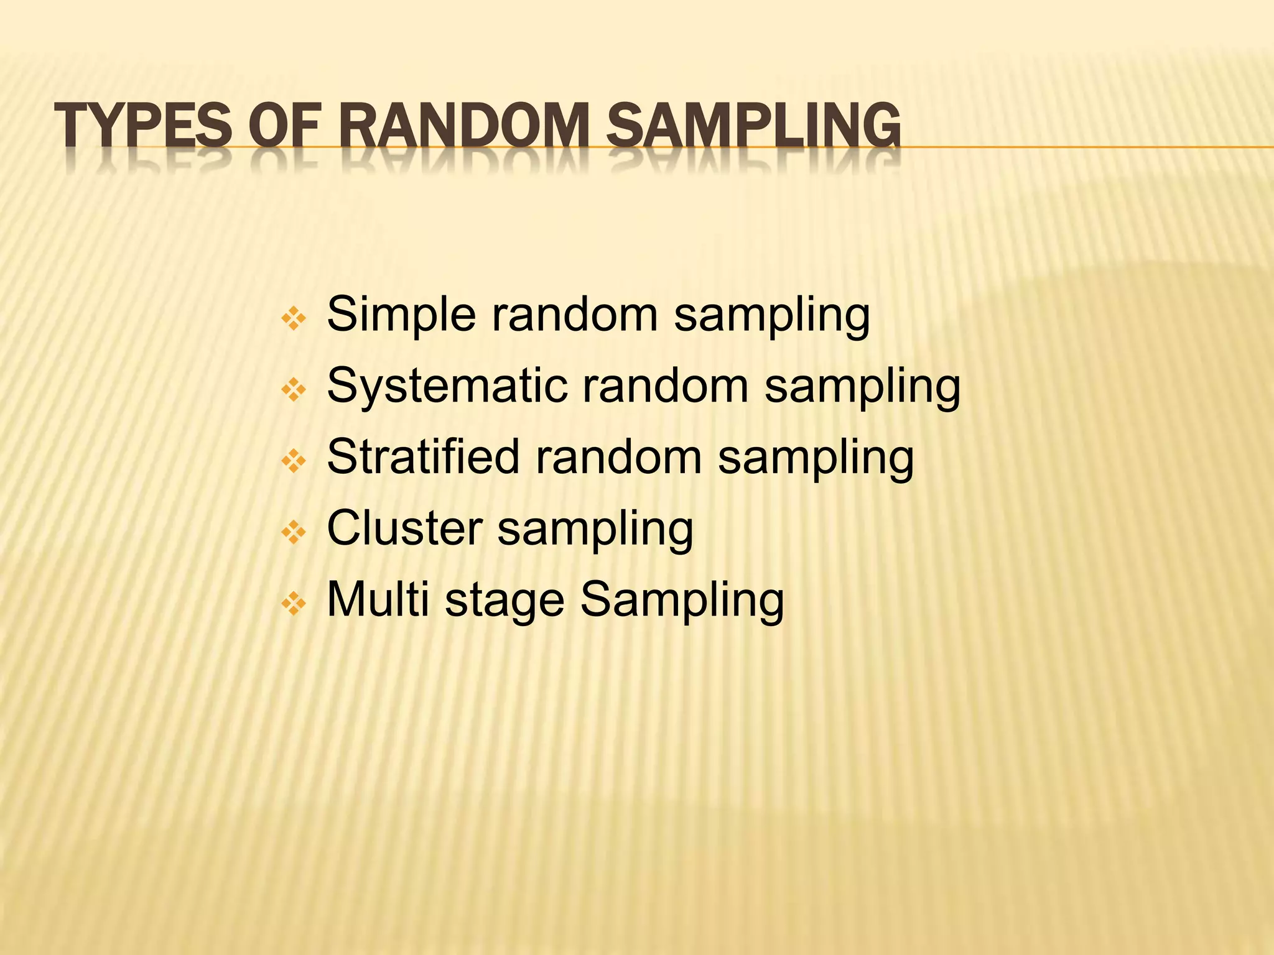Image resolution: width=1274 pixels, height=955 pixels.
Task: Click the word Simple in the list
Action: (401, 315)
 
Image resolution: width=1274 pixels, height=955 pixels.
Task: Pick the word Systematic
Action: (447, 386)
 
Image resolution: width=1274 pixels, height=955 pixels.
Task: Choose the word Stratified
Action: (423, 457)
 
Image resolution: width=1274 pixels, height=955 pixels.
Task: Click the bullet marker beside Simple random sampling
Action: (294, 320)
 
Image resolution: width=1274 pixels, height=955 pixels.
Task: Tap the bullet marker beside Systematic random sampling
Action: (294, 390)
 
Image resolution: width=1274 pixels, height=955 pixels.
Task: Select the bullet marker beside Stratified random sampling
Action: (294, 461)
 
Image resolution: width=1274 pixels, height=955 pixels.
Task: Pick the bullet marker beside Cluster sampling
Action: (294, 532)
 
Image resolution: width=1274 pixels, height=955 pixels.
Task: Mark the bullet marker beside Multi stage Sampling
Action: (294, 603)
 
